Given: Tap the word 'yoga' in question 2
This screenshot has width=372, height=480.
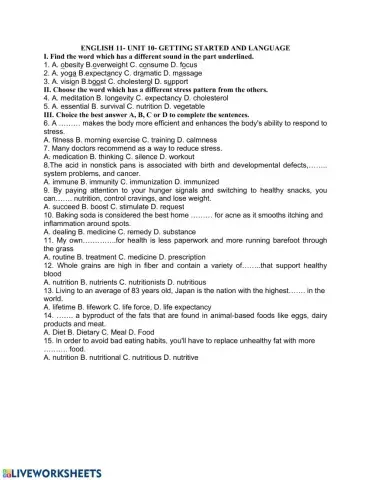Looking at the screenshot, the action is (66, 75).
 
